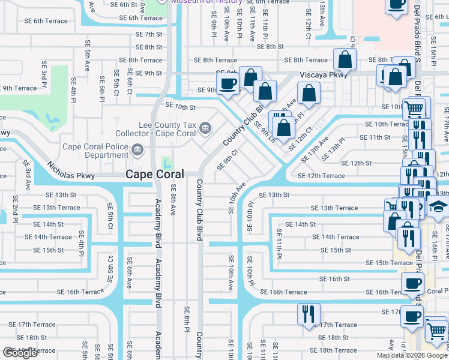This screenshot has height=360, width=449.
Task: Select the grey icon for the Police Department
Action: (137, 149)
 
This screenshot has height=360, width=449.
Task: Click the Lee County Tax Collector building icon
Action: (205, 127)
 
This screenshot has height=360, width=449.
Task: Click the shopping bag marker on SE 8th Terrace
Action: (345, 59)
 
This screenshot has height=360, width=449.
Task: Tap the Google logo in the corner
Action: (20, 353)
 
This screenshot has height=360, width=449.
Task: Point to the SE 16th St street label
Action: (334, 279)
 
